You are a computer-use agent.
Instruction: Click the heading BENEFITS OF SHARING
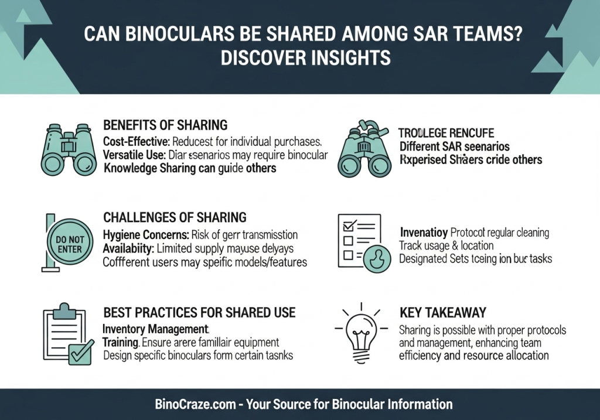click(165, 125)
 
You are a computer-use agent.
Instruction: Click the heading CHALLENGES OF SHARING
click(175, 218)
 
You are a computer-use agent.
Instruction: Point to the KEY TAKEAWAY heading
click(442, 313)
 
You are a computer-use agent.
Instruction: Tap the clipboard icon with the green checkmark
click(67, 335)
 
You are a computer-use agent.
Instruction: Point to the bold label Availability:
click(127, 248)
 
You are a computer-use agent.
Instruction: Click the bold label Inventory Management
click(155, 329)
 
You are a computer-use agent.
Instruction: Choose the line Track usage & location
click(446, 245)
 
